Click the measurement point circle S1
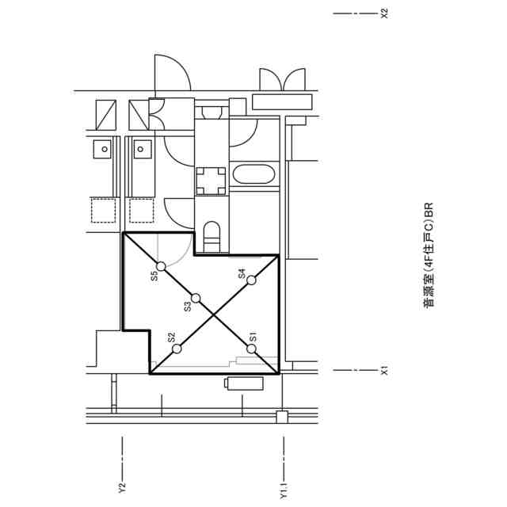point(252,349)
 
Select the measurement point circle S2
point(177,349)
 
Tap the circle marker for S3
point(196,298)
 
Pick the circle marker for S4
point(252,280)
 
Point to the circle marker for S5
point(161,266)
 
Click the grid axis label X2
point(384,13)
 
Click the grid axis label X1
point(384,371)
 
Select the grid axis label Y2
point(122,488)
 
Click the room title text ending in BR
point(428,255)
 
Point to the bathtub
point(253,174)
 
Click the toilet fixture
point(212,237)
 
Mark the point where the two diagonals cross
point(214,314)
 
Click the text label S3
point(188,307)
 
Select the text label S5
point(155,276)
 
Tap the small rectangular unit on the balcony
point(244,383)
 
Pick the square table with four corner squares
point(212,181)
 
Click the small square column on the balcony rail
point(282,417)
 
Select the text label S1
point(253,337)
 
